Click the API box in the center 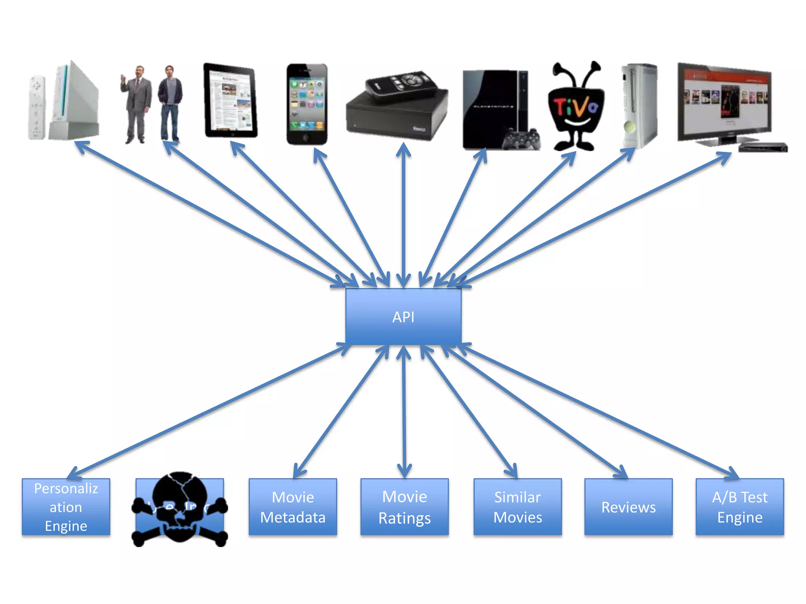pyautogui.click(x=403, y=317)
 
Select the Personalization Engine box pyautogui.click(x=66, y=507)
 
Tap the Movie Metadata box pyautogui.click(x=293, y=507)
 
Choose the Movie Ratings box pyautogui.click(x=405, y=507)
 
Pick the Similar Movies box pyautogui.click(x=518, y=507)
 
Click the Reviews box pyautogui.click(x=629, y=507)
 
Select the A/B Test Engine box pyautogui.click(x=740, y=507)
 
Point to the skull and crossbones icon pyautogui.click(x=179, y=507)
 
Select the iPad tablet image pyautogui.click(x=231, y=101)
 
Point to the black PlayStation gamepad pyautogui.click(x=523, y=140)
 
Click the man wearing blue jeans pyautogui.click(x=170, y=104)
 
